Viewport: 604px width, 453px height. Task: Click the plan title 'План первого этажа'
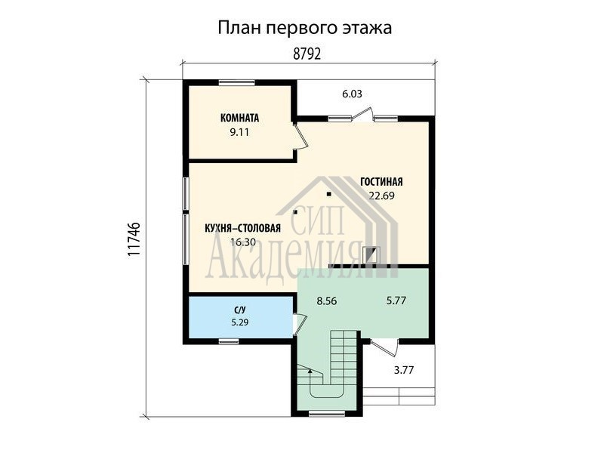click(x=305, y=29)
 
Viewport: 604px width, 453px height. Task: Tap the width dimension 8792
click(x=307, y=54)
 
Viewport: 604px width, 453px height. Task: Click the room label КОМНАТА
click(x=239, y=118)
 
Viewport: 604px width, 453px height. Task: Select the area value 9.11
click(x=239, y=132)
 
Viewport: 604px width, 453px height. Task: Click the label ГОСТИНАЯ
click(x=381, y=181)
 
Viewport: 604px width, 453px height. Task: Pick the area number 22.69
click(x=382, y=196)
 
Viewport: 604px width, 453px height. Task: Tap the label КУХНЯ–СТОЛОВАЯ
click(x=242, y=229)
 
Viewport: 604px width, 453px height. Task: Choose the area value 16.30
click(x=242, y=242)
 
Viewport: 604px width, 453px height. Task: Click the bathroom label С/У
click(x=239, y=310)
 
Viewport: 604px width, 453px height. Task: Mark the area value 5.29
click(x=239, y=322)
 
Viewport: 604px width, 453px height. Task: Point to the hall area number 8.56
click(x=327, y=300)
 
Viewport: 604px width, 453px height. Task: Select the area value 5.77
click(x=396, y=300)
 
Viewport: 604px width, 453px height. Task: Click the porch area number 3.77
click(x=404, y=370)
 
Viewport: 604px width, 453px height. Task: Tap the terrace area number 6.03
click(x=352, y=94)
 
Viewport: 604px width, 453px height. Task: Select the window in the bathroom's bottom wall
click(x=229, y=341)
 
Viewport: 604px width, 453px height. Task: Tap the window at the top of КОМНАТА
click(x=236, y=82)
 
